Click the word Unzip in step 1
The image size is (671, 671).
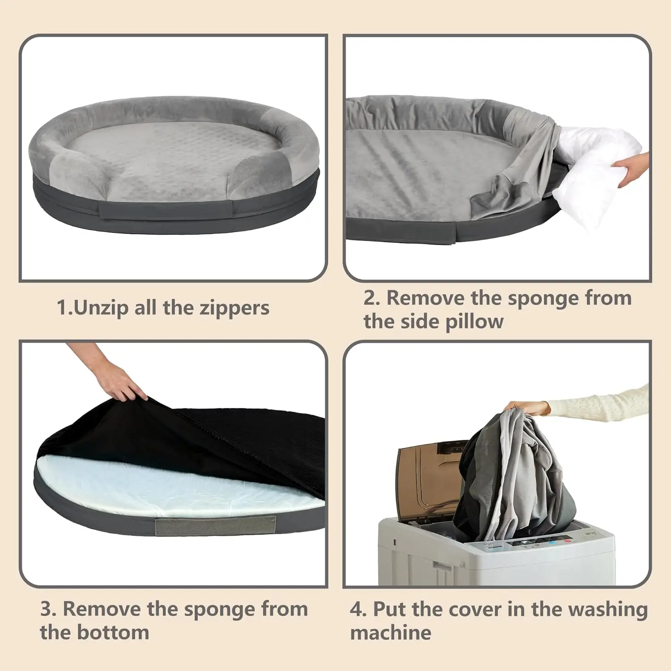click(101, 308)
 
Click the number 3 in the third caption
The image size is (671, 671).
click(47, 609)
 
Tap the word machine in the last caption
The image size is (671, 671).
click(391, 633)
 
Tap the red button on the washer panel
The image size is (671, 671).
click(568, 542)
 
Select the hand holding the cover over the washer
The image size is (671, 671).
click(528, 407)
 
